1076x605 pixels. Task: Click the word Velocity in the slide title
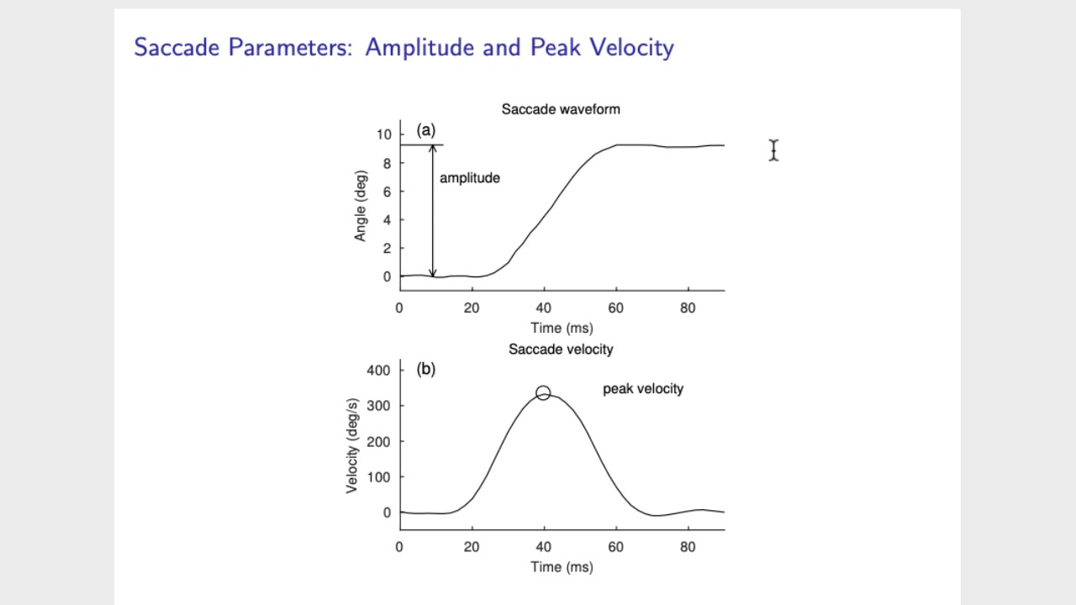click(632, 47)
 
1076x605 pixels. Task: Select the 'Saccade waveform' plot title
click(561, 109)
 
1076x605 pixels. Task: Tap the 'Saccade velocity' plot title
click(561, 349)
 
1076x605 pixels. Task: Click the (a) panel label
click(426, 130)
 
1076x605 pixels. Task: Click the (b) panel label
click(426, 369)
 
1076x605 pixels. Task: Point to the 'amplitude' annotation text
click(469, 178)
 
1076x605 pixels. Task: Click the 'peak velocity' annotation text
click(643, 388)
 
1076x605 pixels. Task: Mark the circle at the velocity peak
click(543, 392)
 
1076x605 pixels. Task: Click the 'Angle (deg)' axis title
click(361, 206)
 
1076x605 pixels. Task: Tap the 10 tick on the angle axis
click(384, 134)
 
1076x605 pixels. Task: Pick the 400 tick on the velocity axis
click(379, 370)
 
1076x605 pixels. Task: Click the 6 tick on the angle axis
click(387, 192)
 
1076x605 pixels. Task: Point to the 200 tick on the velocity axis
click(379, 441)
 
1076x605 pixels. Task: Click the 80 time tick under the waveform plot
click(688, 308)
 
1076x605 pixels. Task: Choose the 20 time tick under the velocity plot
click(472, 547)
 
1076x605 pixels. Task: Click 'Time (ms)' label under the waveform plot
click(562, 328)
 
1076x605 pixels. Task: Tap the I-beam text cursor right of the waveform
click(773, 150)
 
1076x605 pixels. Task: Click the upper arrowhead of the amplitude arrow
click(433, 149)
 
